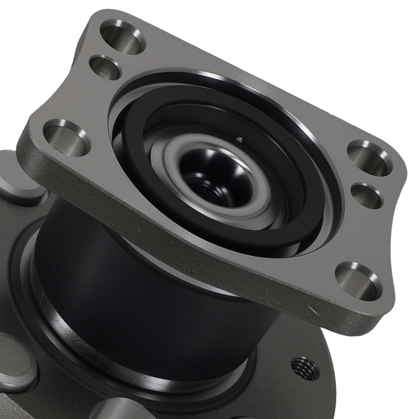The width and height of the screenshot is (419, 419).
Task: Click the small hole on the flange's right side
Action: pos(366,195)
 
